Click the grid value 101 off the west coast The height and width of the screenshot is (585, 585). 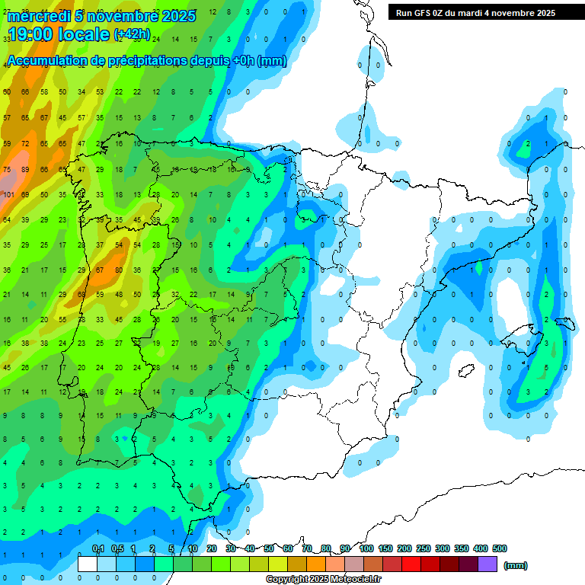point(8,194)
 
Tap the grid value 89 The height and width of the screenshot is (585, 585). point(25,169)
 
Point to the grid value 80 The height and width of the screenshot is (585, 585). point(118,270)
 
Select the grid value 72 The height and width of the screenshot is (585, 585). point(25,143)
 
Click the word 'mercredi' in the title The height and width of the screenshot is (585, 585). point(39,16)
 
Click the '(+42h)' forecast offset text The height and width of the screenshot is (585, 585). point(132,35)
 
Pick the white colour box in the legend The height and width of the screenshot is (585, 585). point(88,564)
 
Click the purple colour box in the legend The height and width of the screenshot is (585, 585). point(487,564)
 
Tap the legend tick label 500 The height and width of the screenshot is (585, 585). point(500,548)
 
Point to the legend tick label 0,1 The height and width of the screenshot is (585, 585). point(97,548)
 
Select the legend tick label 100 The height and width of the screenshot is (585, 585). point(366,548)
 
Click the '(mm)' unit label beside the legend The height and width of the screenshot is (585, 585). point(516,565)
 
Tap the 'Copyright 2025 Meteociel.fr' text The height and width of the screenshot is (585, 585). point(324,579)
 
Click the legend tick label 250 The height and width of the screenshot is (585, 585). point(424,548)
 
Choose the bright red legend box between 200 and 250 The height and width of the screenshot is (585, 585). point(412,564)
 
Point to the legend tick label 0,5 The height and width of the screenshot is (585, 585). point(117,548)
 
